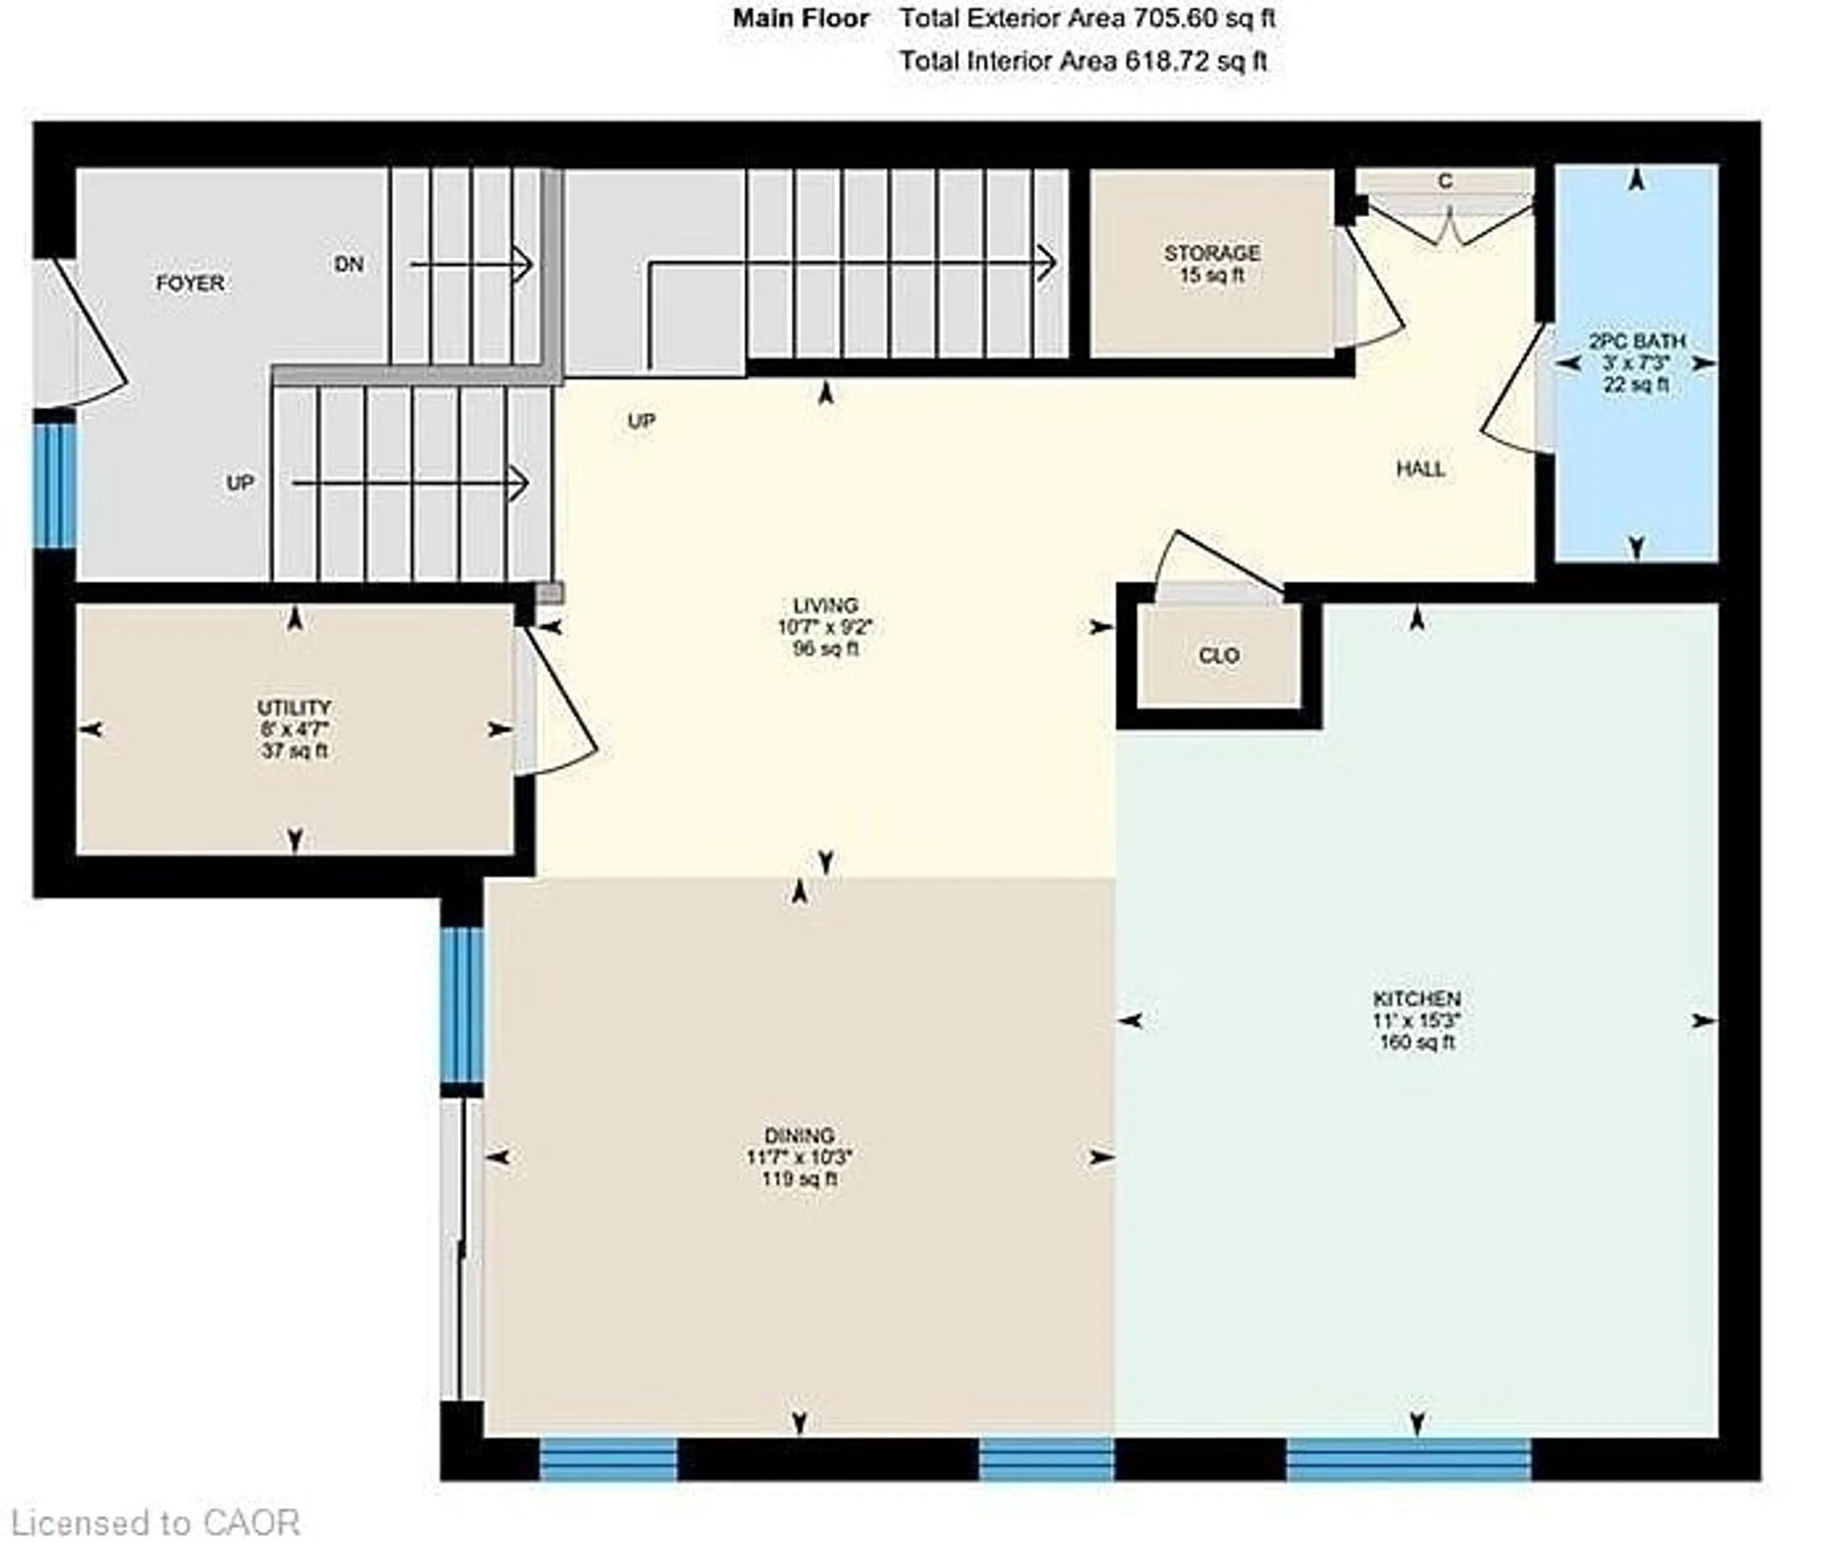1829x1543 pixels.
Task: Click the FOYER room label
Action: coord(190,284)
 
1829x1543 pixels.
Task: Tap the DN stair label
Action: coord(349,264)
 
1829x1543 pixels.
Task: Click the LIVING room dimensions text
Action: coord(825,627)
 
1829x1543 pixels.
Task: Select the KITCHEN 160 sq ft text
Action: coord(1417,1042)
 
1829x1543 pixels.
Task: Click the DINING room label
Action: coord(799,1136)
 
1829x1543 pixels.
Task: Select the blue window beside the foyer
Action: coord(54,486)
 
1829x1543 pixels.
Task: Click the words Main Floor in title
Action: coord(801,19)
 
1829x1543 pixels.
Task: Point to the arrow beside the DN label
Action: coord(471,264)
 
